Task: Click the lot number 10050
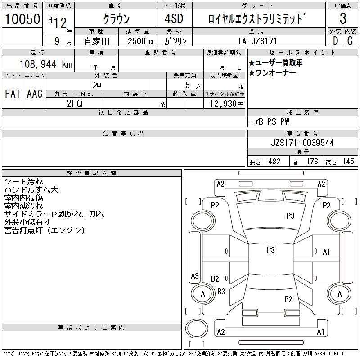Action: pyautogui.click(x=22, y=19)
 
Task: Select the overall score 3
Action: pyautogui.click(x=343, y=18)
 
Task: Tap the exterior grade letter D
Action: pyautogui.click(x=335, y=41)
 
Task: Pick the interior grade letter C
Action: pyautogui.click(x=350, y=41)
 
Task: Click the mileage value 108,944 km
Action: pyautogui.click(x=46, y=64)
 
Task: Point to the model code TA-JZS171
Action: pyautogui.click(x=257, y=41)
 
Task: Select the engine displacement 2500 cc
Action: pyautogui.click(x=141, y=41)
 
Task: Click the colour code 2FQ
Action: pyautogui.click(x=74, y=103)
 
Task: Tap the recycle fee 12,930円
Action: pyautogui.click(x=227, y=104)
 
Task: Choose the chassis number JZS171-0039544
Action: pyautogui.click(x=302, y=143)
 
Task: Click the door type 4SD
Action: pyautogui.click(x=174, y=18)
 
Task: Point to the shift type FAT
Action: pyautogui.click(x=13, y=94)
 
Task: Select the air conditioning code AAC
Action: pyautogui.click(x=35, y=94)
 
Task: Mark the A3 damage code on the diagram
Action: pyautogui.click(x=195, y=275)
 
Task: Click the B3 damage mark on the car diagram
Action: pyautogui.click(x=221, y=292)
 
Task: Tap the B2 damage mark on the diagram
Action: pyautogui.click(x=215, y=279)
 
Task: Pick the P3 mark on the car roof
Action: pyautogui.click(x=271, y=250)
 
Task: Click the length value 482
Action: pyautogui.click(x=274, y=162)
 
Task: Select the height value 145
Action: pyautogui.click(x=348, y=162)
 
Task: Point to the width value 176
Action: pyautogui.click(x=312, y=162)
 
